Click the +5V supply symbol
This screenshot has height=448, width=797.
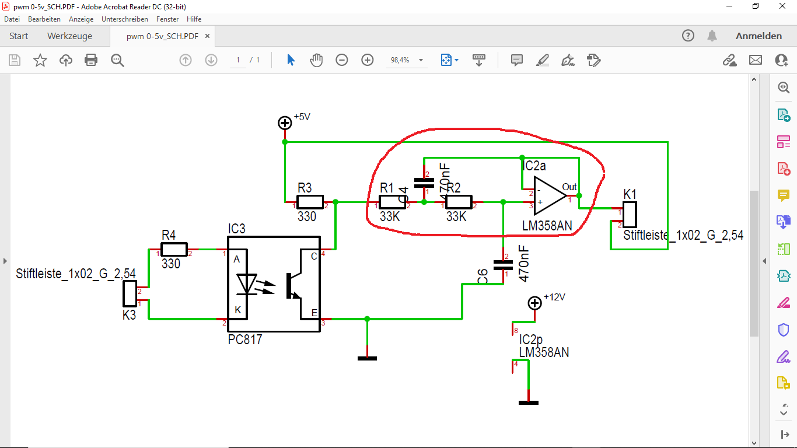tap(285, 123)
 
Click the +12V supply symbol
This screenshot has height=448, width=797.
tap(534, 303)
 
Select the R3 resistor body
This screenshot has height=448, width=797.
tap(310, 202)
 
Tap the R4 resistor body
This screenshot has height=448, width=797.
tap(174, 250)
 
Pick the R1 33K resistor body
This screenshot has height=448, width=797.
tap(392, 202)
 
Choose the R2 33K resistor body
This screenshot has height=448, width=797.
tap(459, 202)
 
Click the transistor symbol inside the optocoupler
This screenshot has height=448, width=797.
tap(293, 285)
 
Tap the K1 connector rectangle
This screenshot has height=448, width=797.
tap(629, 214)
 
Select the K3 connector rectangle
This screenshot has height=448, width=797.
tap(129, 293)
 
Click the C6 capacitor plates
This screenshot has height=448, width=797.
tap(503, 265)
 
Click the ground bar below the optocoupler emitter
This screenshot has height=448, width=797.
tap(367, 358)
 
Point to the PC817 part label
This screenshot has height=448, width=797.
tap(245, 339)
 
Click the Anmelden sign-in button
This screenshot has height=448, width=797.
tap(758, 36)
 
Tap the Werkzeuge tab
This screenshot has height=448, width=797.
tap(69, 36)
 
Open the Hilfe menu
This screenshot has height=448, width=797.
tap(194, 19)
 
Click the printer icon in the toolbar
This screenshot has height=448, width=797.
tap(91, 60)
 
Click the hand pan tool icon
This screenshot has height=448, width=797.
tap(316, 60)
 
